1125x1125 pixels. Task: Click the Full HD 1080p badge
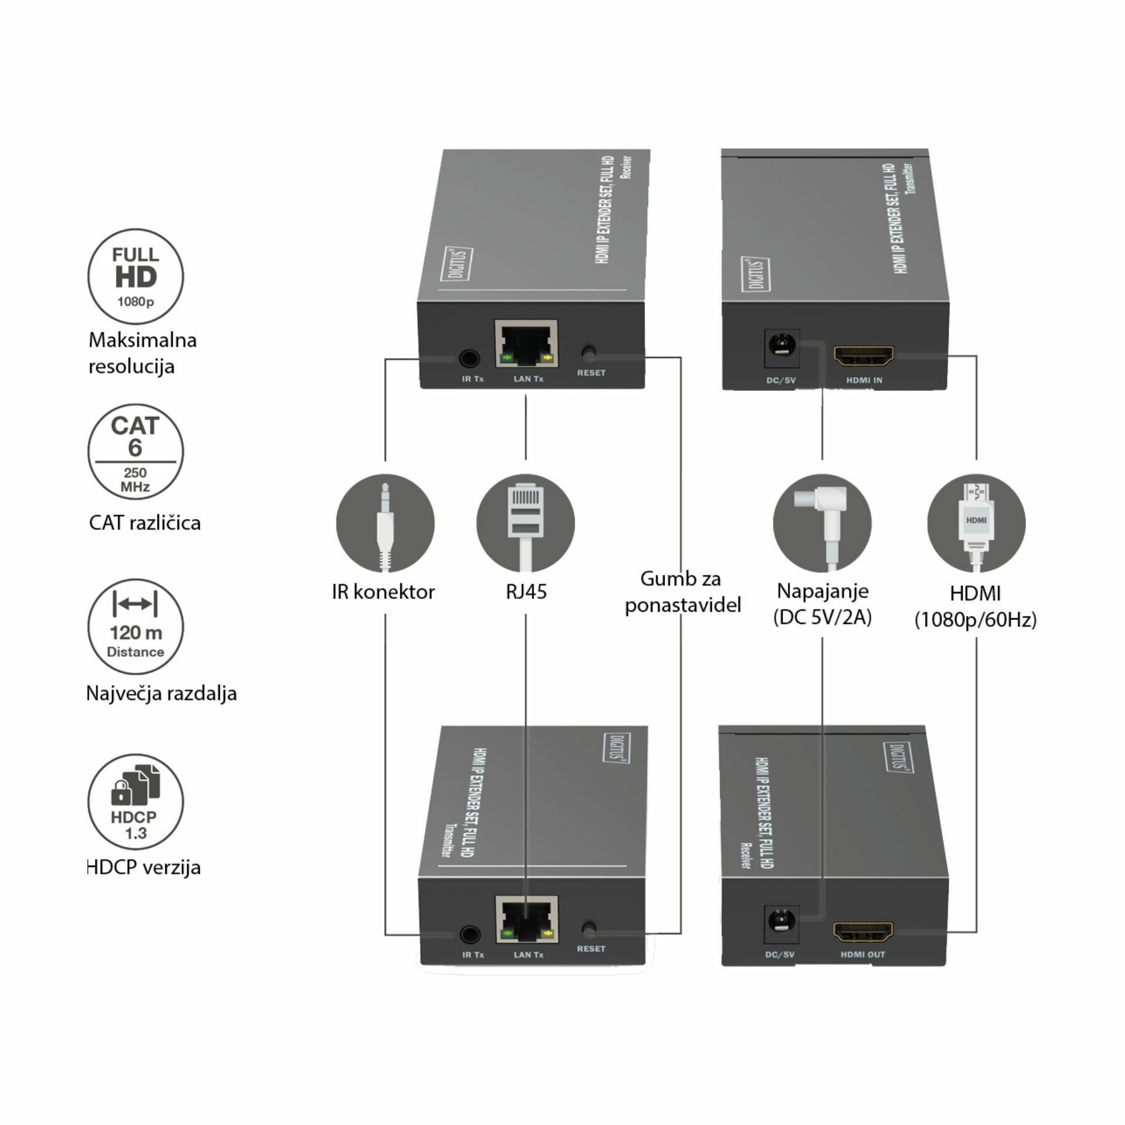tap(135, 277)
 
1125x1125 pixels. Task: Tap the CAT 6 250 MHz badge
tap(135, 452)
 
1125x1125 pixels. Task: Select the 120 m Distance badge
tap(135, 627)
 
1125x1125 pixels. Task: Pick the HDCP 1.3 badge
tap(135, 802)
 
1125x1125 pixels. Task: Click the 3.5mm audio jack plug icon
tap(385, 523)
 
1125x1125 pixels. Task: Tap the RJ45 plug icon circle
tap(526, 523)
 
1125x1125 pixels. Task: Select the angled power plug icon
tap(822, 523)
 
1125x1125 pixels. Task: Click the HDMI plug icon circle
tap(976, 523)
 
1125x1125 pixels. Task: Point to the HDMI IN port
tap(864, 355)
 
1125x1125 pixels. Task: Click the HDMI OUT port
tap(863, 930)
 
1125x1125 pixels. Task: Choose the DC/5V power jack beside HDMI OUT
tap(782, 926)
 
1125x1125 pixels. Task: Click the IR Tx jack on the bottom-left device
tap(470, 934)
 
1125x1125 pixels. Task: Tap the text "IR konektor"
tap(383, 592)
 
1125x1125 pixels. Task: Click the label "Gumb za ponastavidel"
tap(682, 592)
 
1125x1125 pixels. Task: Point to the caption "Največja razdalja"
tap(162, 693)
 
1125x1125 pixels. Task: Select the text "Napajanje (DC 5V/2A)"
tap(822, 604)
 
